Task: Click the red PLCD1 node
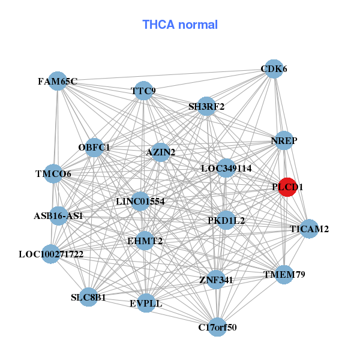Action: click(x=288, y=187)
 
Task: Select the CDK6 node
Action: click(x=274, y=69)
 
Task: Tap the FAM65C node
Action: click(x=58, y=81)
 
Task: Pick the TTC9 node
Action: click(x=143, y=91)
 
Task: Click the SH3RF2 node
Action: click(x=206, y=107)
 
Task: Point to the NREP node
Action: click(x=284, y=140)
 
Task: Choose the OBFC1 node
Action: click(x=94, y=147)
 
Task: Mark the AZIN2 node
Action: click(x=161, y=152)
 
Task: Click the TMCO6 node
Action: click(x=53, y=174)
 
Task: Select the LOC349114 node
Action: click(x=226, y=168)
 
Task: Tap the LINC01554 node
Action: click(x=140, y=201)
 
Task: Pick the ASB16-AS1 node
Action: click(x=58, y=215)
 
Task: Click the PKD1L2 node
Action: click(x=226, y=220)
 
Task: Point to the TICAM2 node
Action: click(x=309, y=229)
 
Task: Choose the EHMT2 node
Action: click(x=145, y=241)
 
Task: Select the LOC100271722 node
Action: click(x=51, y=254)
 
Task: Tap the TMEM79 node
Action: click(x=284, y=275)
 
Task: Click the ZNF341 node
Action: click(x=216, y=280)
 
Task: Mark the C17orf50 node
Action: click(x=217, y=327)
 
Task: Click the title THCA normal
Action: click(x=180, y=25)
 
